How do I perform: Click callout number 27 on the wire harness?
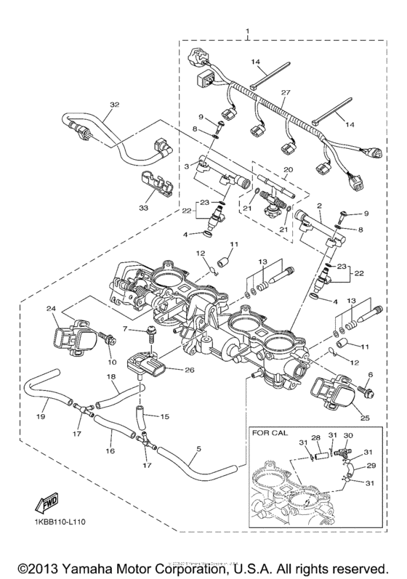[285, 93]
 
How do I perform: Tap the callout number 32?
[113, 105]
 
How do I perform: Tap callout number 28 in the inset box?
[315, 439]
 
